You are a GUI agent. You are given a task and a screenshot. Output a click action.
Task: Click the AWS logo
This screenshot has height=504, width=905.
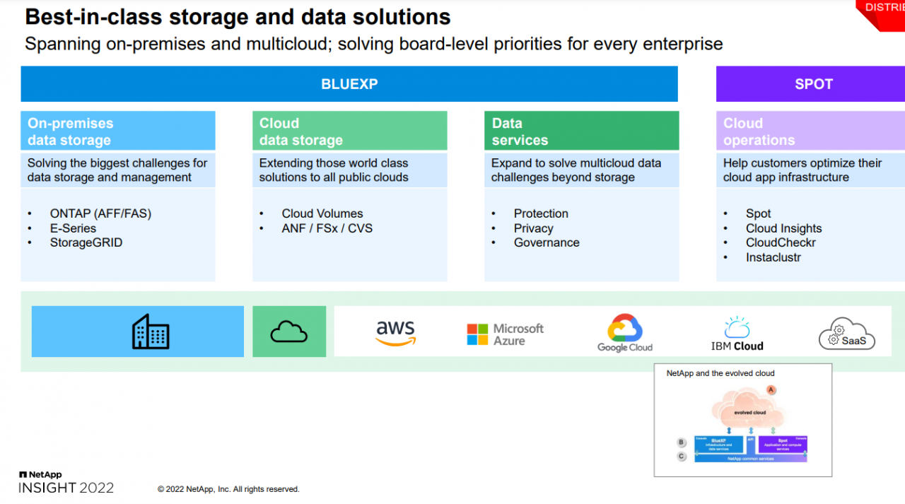(x=396, y=332)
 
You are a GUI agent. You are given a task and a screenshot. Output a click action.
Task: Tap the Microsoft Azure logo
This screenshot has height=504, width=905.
(x=505, y=334)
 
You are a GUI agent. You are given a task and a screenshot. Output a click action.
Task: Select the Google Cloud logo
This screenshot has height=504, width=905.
(x=624, y=333)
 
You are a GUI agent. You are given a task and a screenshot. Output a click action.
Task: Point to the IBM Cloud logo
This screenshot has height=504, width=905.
(x=737, y=334)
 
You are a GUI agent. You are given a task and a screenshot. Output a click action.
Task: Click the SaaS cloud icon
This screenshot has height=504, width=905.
(x=847, y=334)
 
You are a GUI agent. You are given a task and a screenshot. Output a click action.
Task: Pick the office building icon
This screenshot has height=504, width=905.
(x=151, y=332)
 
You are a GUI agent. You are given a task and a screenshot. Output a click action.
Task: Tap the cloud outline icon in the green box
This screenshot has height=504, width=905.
(x=289, y=332)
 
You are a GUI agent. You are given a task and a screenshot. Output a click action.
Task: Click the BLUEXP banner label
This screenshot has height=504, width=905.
(x=349, y=84)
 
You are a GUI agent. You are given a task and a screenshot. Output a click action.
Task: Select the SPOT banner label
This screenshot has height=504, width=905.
(x=814, y=84)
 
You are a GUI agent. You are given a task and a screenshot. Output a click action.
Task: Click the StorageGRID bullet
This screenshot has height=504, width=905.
(x=86, y=242)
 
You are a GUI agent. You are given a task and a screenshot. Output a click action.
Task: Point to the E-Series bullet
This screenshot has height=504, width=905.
(x=73, y=228)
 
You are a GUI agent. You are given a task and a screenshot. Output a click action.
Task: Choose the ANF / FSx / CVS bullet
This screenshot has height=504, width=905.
(x=327, y=228)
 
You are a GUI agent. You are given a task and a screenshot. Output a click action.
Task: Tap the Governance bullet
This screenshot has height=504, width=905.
(x=547, y=242)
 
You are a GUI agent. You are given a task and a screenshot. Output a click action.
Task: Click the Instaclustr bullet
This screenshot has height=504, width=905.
(x=773, y=257)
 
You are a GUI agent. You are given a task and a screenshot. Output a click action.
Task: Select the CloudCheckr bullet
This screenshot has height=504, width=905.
(x=781, y=242)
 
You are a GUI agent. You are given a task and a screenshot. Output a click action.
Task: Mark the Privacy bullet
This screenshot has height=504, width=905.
(x=533, y=228)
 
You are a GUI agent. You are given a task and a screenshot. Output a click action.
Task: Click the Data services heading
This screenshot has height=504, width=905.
(x=520, y=131)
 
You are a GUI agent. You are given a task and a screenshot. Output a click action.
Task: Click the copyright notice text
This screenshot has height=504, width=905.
(x=228, y=489)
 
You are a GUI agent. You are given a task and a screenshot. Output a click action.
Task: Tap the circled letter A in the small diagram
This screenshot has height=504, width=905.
(x=771, y=389)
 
